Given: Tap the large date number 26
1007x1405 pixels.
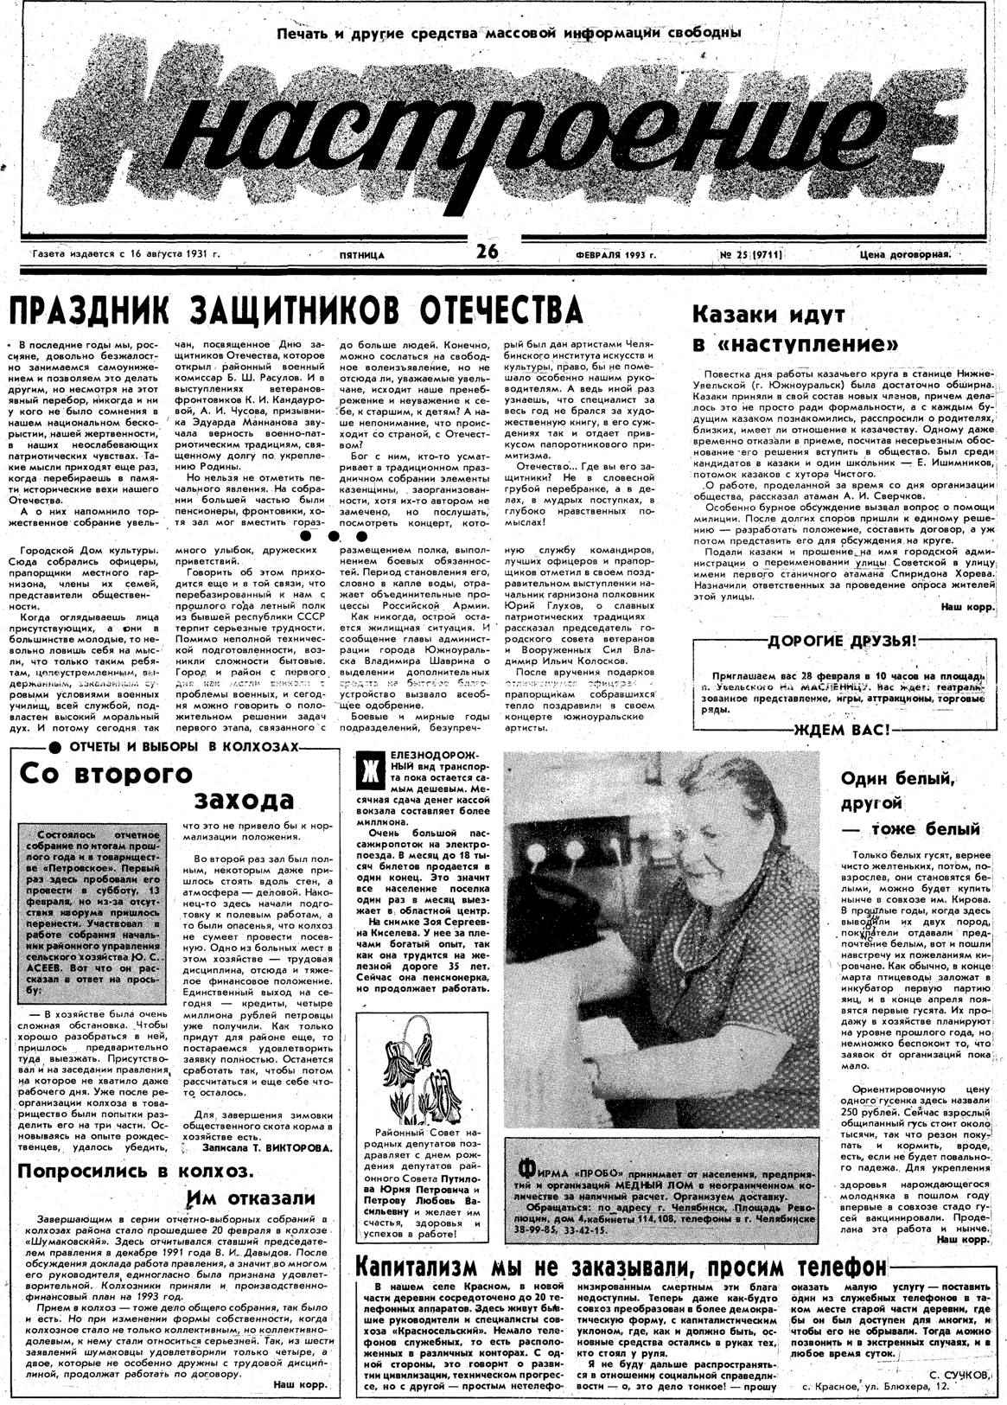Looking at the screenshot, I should coord(487,252).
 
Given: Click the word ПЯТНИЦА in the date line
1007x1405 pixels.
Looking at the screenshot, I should coord(361,255).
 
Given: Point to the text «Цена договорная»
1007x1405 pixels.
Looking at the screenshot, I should coord(904,254).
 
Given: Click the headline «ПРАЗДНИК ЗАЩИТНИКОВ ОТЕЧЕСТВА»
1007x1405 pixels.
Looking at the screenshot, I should coord(294,311).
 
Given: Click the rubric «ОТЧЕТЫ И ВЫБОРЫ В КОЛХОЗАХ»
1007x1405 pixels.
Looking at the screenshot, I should coord(183,745).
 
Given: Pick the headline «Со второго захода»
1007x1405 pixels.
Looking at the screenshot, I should coord(156,785).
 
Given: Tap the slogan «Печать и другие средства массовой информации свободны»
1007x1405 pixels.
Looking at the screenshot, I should coord(509,34).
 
